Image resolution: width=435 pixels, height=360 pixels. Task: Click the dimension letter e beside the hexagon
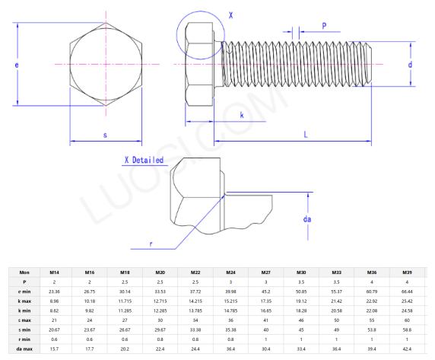pyautogui.click(x=7, y=66)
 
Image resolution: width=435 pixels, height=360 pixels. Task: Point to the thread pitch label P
pyautogui.click(x=324, y=25)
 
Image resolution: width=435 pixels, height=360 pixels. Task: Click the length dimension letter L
pyautogui.click(x=305, y=134)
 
